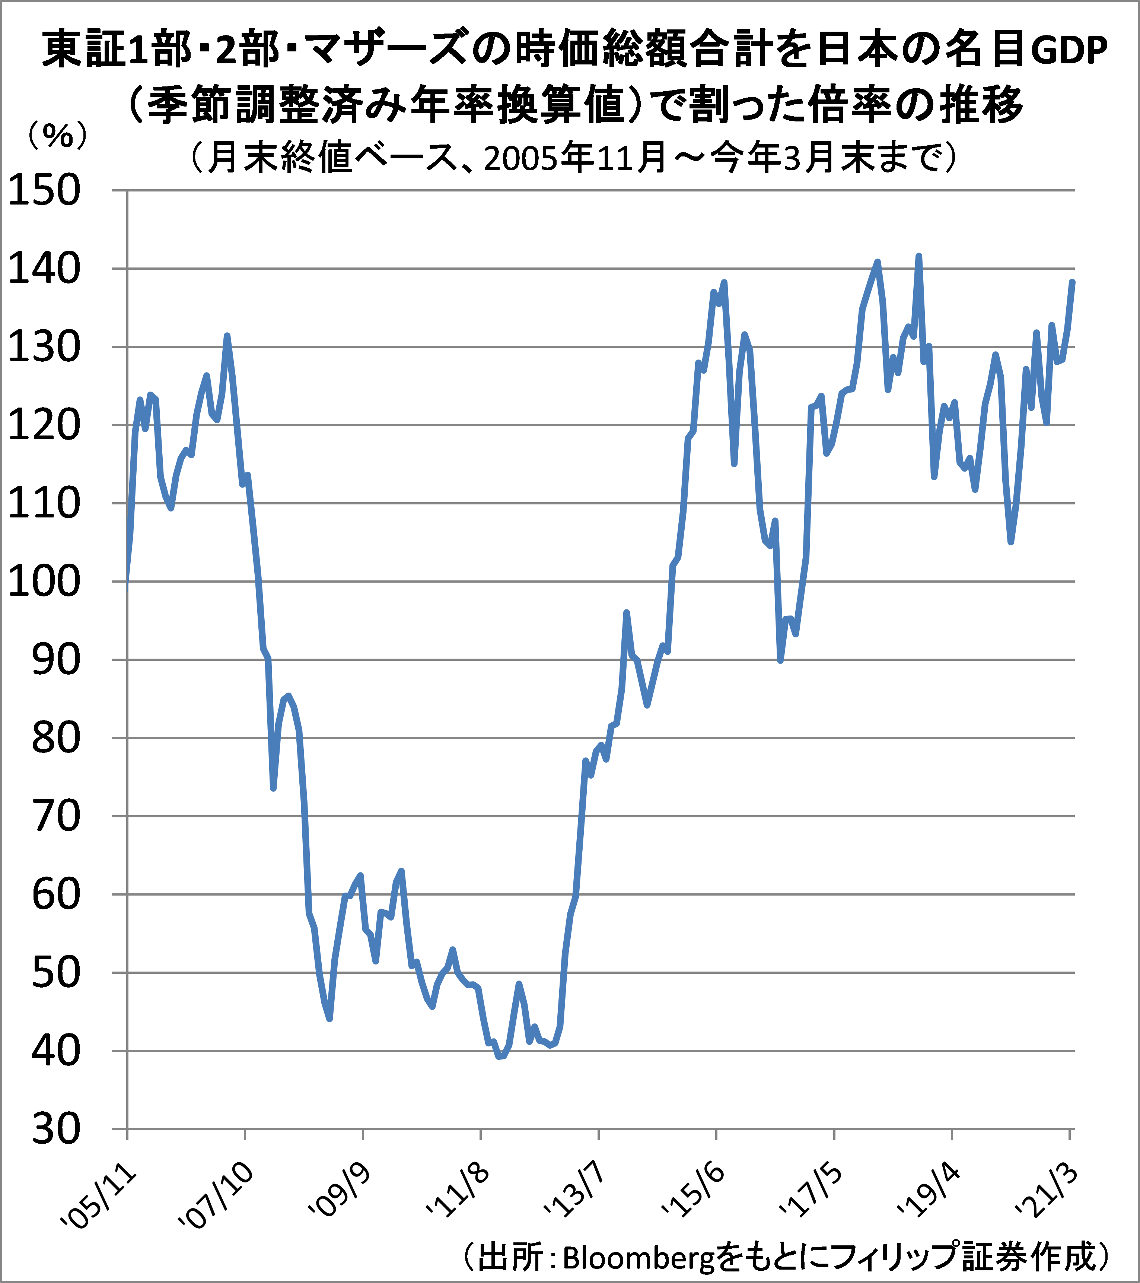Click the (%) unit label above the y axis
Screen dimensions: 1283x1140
(x=57, y=135)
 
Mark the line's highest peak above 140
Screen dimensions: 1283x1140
(x=918, y=256)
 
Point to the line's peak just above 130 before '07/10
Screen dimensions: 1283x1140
(x=227, y=336)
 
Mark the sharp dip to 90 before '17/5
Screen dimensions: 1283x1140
(x=780, y=660)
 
